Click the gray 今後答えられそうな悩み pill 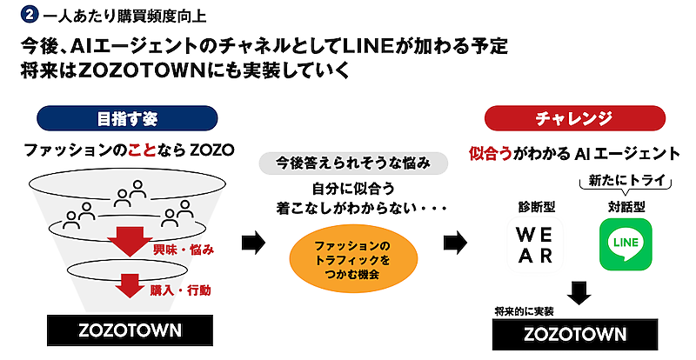pyautogui.click(x=353, y=163)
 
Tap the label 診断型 pyautogui.click(x=534, y=207)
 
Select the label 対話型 pyautogui.click(x=625, y=207)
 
